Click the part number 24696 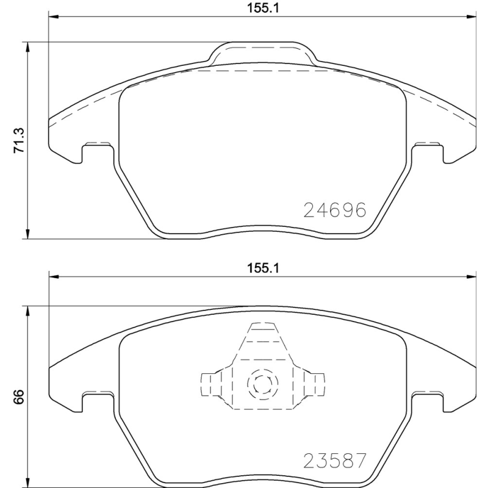335,210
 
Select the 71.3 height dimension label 18,140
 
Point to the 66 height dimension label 18,396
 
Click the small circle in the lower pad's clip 262,384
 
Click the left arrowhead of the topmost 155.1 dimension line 53,19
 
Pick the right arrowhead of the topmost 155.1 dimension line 471,19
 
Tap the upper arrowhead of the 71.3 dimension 27,46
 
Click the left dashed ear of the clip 210,384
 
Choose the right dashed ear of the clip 313,384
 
